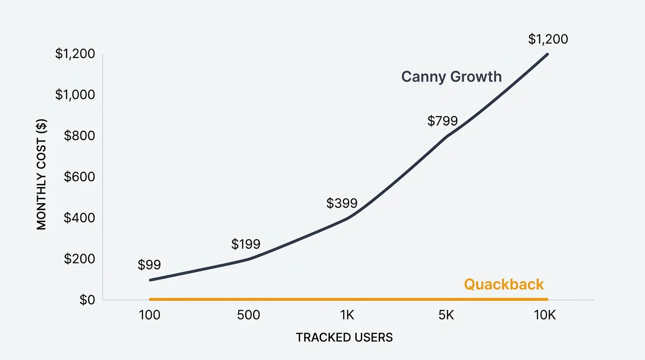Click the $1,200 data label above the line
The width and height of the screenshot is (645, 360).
coord(548,39)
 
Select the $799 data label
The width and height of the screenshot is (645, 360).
coord(442,121)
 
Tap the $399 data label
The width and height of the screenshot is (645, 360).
coord(342,203)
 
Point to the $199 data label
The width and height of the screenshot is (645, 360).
coord(246,244)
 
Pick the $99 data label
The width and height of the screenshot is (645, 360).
coord(149,265)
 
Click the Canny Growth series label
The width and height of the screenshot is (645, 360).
coord(451,77)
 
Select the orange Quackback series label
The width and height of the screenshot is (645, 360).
coord(504,285)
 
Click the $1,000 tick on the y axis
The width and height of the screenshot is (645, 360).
coord(75,95)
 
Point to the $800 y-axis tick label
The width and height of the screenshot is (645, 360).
coord(79,136)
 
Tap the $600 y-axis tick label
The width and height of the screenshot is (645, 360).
coord(79,177)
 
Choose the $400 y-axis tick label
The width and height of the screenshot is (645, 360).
coord(79,218)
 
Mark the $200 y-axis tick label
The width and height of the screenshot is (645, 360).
coord(79,259)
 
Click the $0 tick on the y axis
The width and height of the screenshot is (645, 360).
coord(87,300)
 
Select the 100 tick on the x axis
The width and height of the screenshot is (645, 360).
coord(150,315)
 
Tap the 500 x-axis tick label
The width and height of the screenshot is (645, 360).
coord(248,315)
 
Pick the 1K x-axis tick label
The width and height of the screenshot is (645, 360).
coord(347,315)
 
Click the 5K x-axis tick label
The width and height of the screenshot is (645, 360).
coord(446,315)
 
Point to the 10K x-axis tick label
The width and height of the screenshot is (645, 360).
coord(545,315)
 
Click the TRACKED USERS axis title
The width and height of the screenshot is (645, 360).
coord(344,337)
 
